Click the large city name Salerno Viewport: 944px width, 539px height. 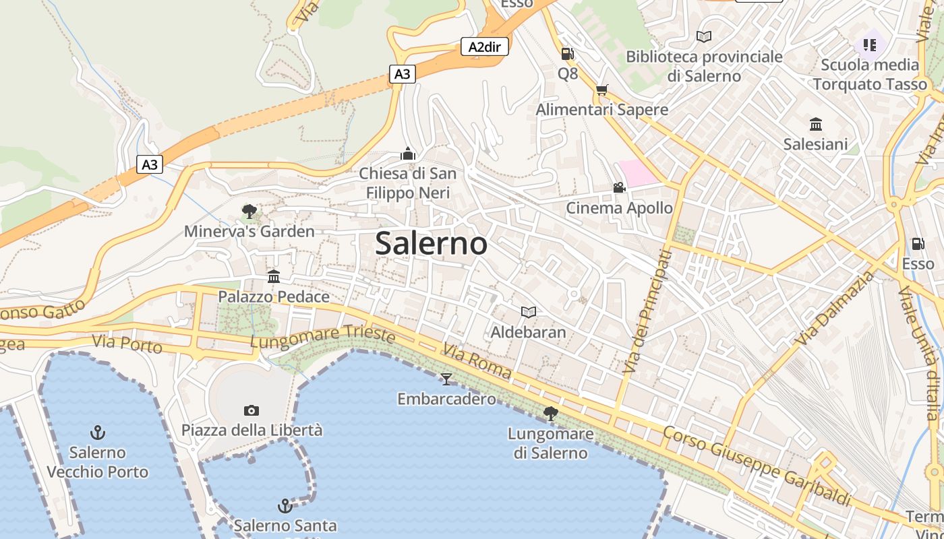coord(431,243)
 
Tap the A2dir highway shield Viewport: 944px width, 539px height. coord(484,46)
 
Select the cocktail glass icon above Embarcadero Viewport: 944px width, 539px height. coord(446,379)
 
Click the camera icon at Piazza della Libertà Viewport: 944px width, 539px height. coord(252,410)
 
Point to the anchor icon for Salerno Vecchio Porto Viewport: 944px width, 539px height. coord(98,432)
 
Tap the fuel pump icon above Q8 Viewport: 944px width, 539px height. coord(568,53)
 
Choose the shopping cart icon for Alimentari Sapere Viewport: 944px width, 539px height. coord(602,90)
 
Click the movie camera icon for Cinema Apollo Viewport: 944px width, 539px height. coord(619,187)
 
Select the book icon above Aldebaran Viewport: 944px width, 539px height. coord(529,312)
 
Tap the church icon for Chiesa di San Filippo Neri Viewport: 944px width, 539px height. coord(407,154)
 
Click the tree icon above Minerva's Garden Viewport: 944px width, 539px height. coord(249,212)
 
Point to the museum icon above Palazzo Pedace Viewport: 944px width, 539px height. coord(274,276)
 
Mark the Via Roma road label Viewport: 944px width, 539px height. coord(477,362)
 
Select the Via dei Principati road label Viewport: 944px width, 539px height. coord(648,311)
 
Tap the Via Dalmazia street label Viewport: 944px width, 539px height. coord(834,307)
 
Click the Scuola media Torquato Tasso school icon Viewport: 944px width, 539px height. coord(869,45)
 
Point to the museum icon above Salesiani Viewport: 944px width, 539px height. coord(816,124)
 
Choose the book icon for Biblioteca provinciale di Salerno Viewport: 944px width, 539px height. coord(704,36)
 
